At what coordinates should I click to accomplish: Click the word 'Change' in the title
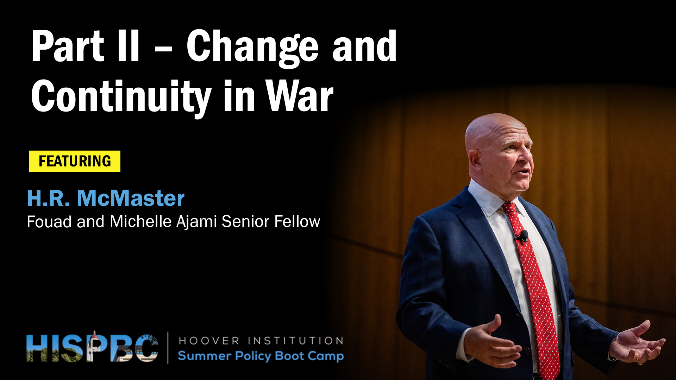252,48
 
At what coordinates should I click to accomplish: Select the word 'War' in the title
300,95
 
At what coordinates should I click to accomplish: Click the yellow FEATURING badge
75,161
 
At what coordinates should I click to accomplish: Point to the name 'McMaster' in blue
131,198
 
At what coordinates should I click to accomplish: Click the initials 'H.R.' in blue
48,198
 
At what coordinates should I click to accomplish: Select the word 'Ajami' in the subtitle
196,222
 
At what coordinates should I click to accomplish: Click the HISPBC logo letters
92,348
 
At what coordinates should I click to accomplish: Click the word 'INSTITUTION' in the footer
296,341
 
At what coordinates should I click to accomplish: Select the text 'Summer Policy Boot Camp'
261,356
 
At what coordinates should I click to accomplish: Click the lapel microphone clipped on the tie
522,236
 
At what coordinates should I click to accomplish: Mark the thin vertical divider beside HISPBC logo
168,348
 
